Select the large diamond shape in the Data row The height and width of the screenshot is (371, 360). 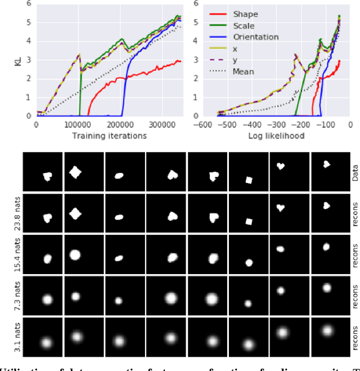tap(76, 171)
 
